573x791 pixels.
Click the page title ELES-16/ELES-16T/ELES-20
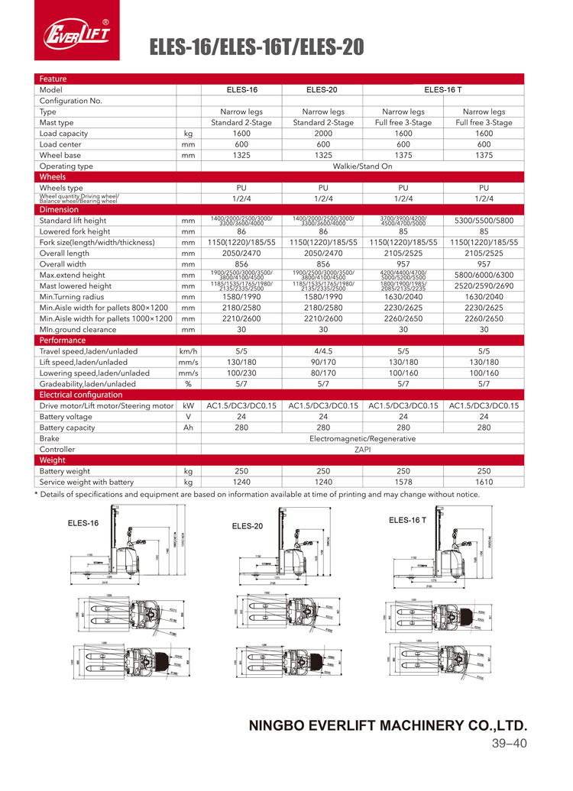click(x=256, y=48)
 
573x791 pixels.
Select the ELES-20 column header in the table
click(x=322, y=89)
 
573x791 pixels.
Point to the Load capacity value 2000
click(x=322, y=133)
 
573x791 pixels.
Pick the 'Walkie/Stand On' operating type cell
click(x=362, y=166)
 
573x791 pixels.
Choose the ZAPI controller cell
click(x=362, y=450)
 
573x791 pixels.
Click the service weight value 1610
click(x=484, y=482)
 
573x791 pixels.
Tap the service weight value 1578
click(x=403, y=482)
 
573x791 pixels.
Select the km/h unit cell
click(x=188, y=351)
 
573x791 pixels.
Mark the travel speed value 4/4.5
click(x=322, y=351)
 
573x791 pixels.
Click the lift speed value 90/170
click(x=322, y=362)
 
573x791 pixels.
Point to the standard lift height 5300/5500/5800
click(x=484, y=221)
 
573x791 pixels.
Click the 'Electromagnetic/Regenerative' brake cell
click(x=362, y=439)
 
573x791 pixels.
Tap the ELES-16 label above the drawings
click(x=83, y=523)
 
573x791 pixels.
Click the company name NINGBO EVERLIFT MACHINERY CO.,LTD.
click(x=388, y=725)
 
